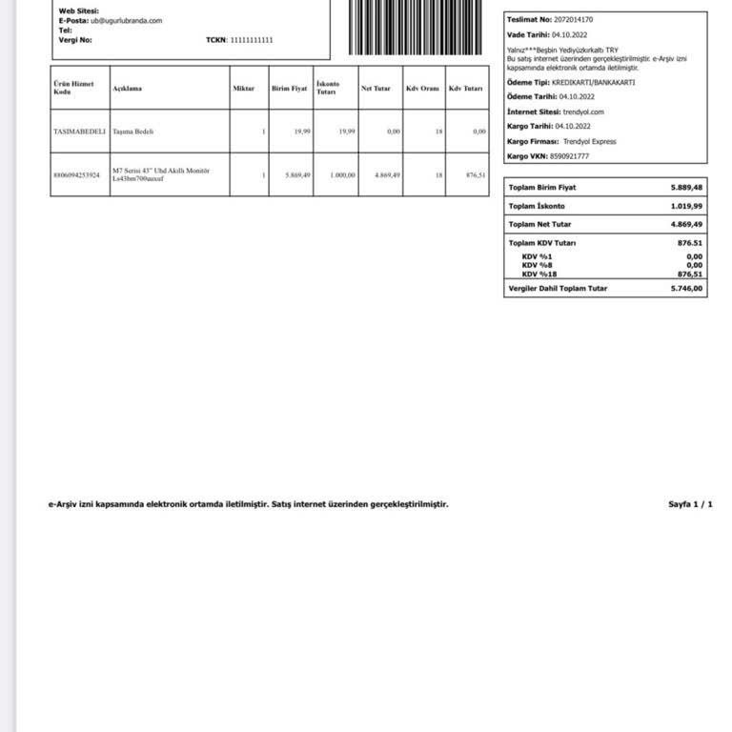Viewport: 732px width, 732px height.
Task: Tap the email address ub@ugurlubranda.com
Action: click(x=126, y=20)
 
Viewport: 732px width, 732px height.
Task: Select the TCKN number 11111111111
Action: click(x=252, y=40)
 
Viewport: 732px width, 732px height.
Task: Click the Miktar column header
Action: click(x=243, y=89)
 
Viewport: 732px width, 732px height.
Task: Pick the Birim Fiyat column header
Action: click(x=289, y=89)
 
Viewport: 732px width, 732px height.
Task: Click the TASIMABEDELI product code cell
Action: click(x=79, y=132)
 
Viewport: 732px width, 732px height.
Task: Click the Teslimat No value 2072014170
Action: click(x=573, y=19)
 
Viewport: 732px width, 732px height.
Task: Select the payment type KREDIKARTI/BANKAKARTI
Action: click(x=593, y=83)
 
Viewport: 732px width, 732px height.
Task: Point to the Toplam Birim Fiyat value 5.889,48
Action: click(x=686, y=188)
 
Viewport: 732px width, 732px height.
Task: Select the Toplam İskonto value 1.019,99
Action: click(x=686, y=206)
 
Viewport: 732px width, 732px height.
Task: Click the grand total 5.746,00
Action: click(x=686, y=288)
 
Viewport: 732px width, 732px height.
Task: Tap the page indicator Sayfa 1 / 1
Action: click(x=690, y=504)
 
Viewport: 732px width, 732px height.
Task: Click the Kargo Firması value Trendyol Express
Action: click(x=590, y=142)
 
